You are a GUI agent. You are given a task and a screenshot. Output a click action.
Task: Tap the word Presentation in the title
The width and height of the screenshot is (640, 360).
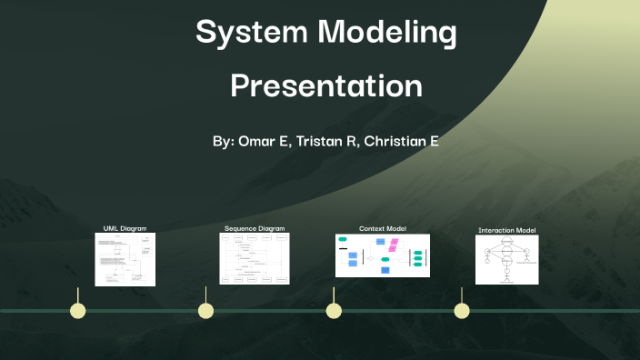point(325,85)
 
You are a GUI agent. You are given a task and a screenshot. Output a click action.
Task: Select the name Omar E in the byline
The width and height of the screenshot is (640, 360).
point(264,143)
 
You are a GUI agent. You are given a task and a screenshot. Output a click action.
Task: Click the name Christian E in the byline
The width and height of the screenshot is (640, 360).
point(401,143)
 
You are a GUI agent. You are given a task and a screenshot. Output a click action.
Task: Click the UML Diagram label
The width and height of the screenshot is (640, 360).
point(125,228)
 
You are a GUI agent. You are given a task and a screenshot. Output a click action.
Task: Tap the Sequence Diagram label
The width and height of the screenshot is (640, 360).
point(255,228)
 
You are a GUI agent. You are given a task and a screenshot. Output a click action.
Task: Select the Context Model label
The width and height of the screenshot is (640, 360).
point(383,228)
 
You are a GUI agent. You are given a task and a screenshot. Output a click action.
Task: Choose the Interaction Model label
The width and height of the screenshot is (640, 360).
point(507,230)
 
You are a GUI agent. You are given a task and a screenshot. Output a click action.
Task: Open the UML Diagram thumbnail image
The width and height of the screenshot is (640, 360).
point(125,259)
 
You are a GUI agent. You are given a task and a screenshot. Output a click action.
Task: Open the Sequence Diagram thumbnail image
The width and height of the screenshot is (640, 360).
point(255,259)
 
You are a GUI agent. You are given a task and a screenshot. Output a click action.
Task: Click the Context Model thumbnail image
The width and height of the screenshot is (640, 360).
point(383,255)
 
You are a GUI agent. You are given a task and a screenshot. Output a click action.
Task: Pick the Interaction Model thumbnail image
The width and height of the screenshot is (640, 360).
point(507,260)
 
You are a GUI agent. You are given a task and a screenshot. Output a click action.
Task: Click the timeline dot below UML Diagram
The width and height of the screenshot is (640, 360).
point(78,311)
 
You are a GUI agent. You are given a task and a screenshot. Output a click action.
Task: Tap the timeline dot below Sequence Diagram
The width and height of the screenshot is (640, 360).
point(206,311)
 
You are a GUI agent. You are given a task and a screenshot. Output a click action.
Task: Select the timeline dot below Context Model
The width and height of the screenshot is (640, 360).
point(334,311)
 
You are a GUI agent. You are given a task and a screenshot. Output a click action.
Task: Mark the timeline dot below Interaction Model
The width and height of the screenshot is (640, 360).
point(462,311)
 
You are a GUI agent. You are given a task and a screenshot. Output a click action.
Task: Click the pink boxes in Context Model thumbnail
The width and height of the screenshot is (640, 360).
point(394,244)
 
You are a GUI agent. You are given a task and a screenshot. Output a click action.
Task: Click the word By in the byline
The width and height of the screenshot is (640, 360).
point(223,143)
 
